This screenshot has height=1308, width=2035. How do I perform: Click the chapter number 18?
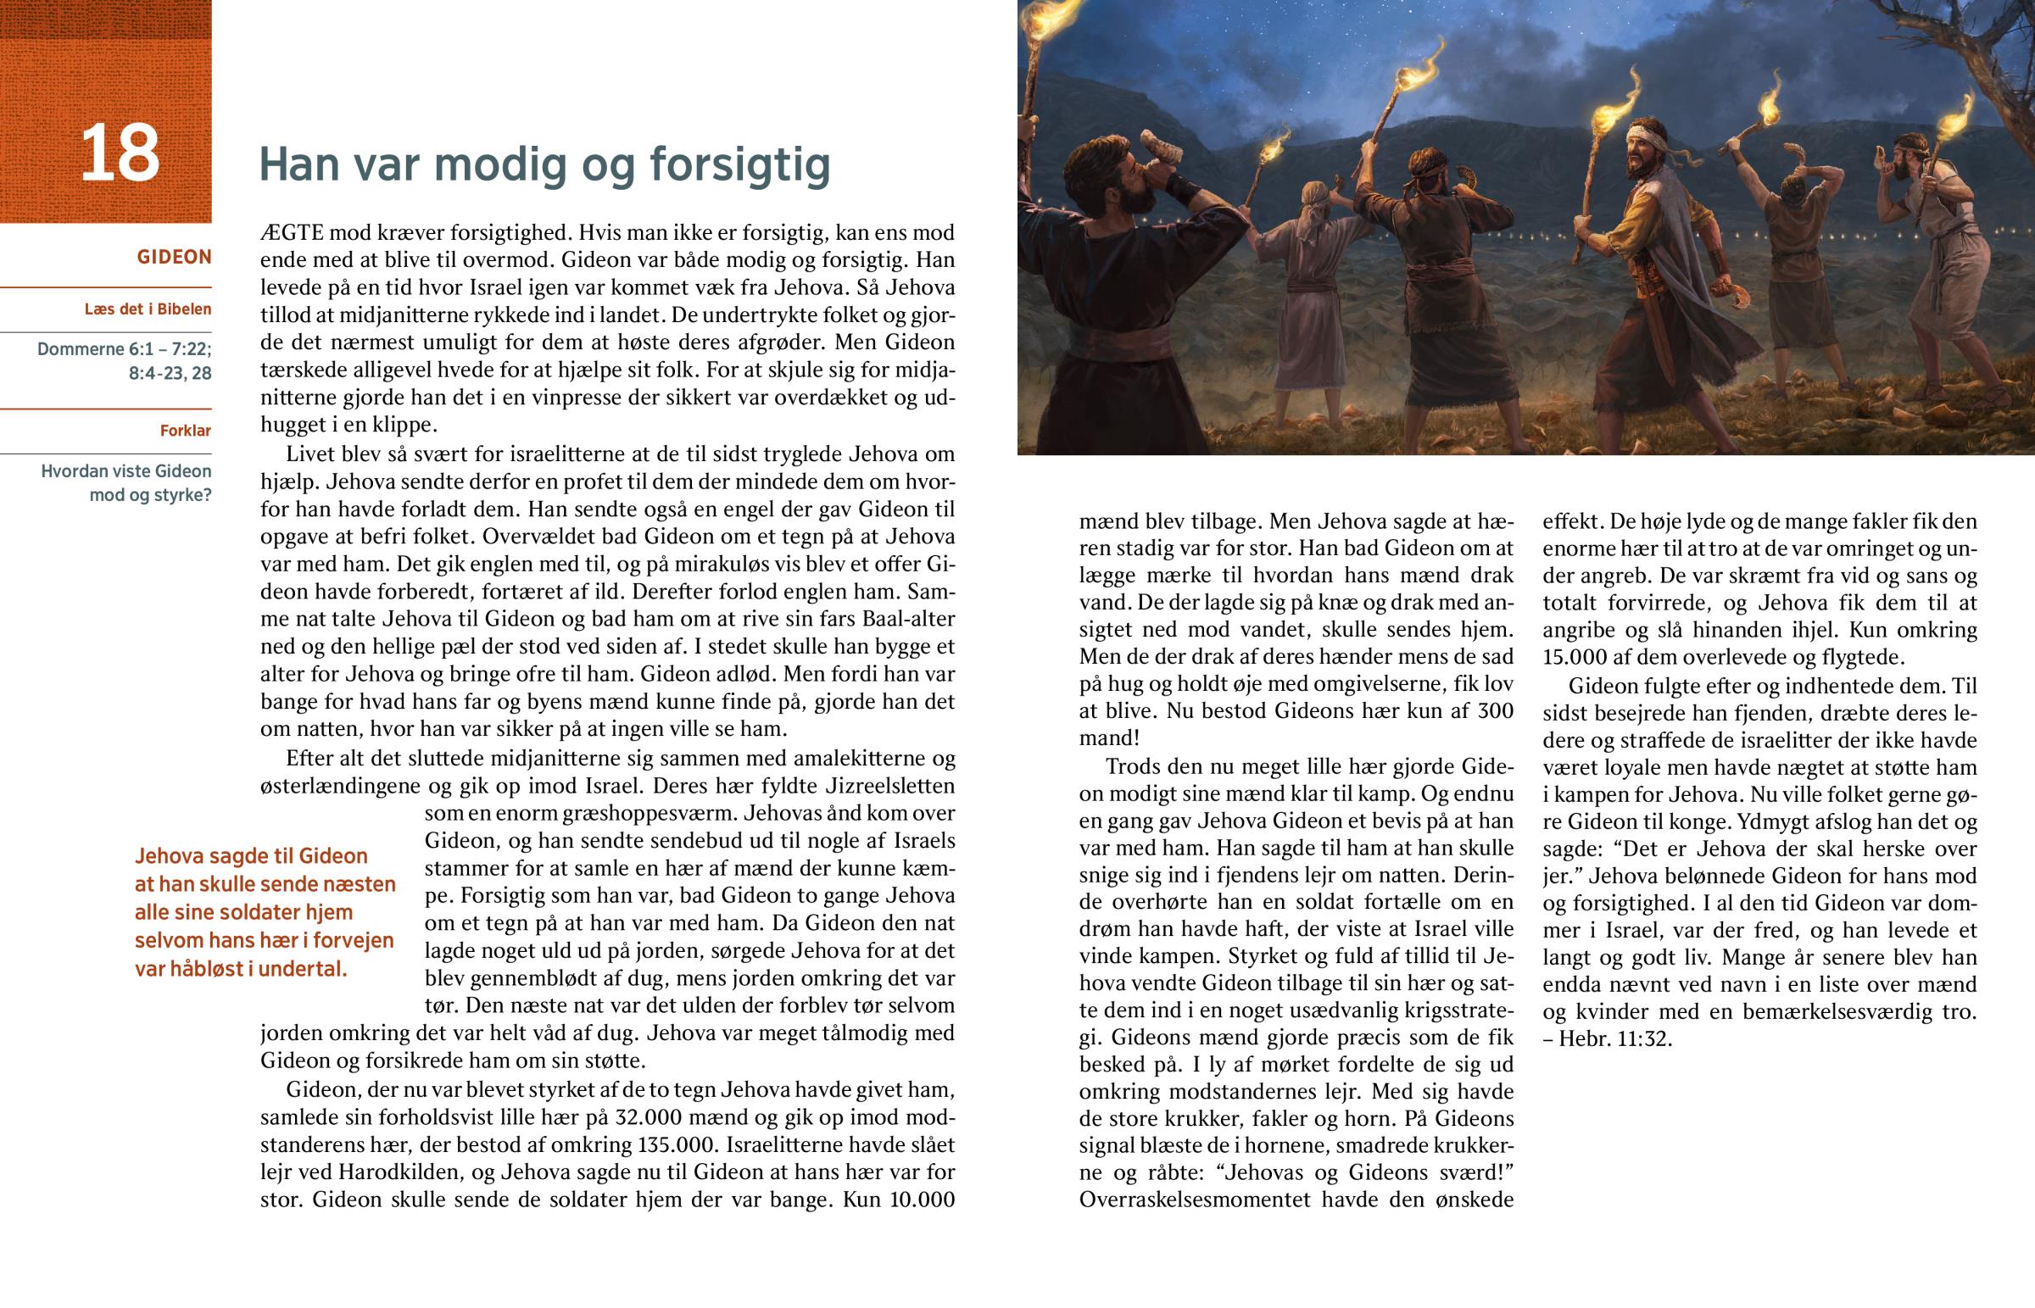coord(120,153)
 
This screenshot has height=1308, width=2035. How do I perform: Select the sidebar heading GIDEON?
coord(174,257)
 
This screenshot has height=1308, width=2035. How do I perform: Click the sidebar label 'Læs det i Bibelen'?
coord(148,309)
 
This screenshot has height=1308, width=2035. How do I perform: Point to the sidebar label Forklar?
coord(185,431)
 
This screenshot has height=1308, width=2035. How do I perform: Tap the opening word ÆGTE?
coord(291,233)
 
